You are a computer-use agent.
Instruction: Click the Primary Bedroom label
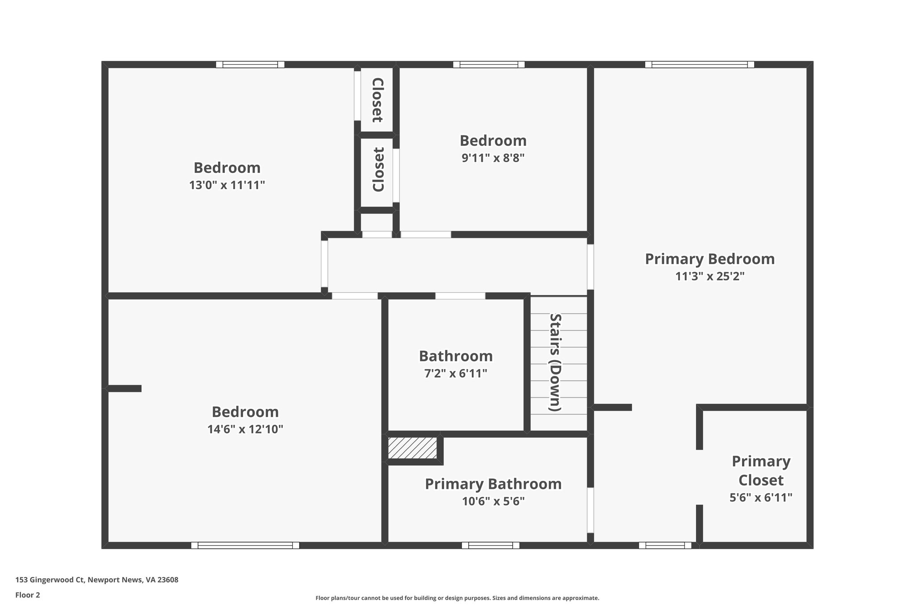pyautogui.click(x=709, y=259)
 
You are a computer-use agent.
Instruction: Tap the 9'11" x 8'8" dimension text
pyautogui.click(x=493, y=158)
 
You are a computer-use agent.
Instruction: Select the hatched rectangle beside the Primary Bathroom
pyautogui.click(x=412, y=448)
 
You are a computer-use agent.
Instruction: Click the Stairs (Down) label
pyautogui.click(x=555, y=362)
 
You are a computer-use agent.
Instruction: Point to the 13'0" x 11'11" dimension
pyautogui.click(x=227, y=185)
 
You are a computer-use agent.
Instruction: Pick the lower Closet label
pyautogui.click(x=378, y=169)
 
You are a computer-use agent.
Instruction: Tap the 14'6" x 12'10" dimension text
pyautogui.click(x=245, y=429)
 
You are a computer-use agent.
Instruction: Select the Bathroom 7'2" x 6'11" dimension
pyautogui.click(x=455, y=374)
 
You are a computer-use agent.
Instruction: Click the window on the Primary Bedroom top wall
pyautogui.click(x=699, y=64)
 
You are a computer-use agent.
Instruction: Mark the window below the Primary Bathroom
pyautogui.click(x=490, y=545)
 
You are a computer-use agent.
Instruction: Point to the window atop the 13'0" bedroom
pyautogui.click(x=250, y=64)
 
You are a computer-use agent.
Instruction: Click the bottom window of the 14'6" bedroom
pyautogui.click(x=245, y=545)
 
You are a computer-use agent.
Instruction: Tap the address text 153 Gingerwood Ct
pyautogui.click(x=97, y=580)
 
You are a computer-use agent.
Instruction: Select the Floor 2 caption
pyautogui.click(x=28, y=595)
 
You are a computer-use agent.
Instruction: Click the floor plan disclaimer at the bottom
pyautogui.click(x=457, y=598)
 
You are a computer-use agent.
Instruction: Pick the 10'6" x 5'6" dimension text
pyautogui.click(x=493, y=501)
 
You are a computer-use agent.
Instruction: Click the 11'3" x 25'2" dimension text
pyautogui.click(x=709, y=277)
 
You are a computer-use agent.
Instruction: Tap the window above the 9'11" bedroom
pyautogui.click(x=489, y=64)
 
